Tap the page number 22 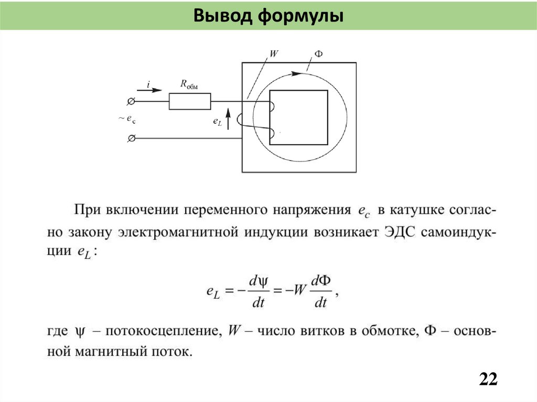click(488, 379)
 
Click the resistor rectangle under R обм click(190, 102)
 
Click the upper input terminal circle click(131, 101)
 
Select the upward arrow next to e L click(228, 120)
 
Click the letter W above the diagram click(273, 54)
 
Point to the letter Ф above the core click(318, 55)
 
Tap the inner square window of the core click(298, 117)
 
